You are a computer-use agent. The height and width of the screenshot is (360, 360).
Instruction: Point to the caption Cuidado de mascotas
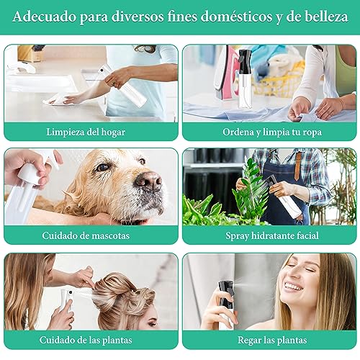pyautogui.click(x=91, y=235)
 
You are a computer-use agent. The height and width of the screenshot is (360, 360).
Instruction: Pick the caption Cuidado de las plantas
pyautogui.click(x=91, y=340)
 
